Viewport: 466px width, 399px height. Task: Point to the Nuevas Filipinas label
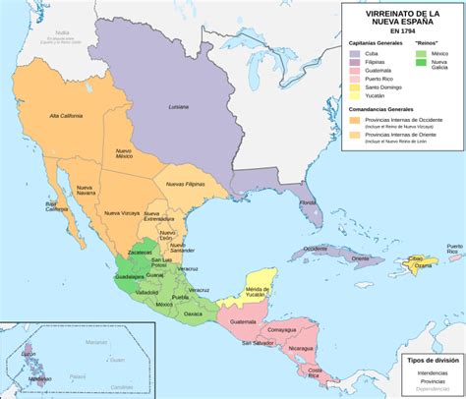click(186, 184)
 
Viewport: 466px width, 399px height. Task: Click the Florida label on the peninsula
click(311, 202)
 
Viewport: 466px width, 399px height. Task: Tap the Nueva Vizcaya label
click(124, 212)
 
